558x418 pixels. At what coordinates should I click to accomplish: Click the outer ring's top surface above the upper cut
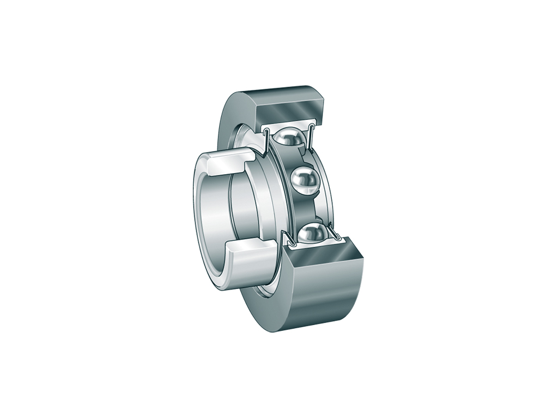283,91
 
